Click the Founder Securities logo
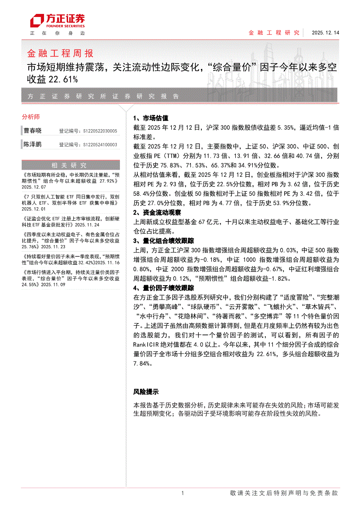click(x=57, y=20)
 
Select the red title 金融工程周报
click(x=60, y=54)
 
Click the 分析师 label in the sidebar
click(x=31, y=117)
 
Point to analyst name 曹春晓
click(x=33, y=131)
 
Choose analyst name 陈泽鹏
click(x=33, y=144)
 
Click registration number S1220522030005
click(x=100, y=131)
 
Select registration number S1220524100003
click(x=100, y=145)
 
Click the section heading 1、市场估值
click(x=150, y=118)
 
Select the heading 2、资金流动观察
click(x=157, y=213)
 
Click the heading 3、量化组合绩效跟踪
click(x=163, y=240)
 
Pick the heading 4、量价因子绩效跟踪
click(x=163, y=288)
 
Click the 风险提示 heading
click(x=146, y=391)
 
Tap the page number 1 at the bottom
click(x=183, y=493)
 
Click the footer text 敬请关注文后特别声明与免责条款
click(x=283, y=493)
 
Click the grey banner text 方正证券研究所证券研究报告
click(x=103, y=96)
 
